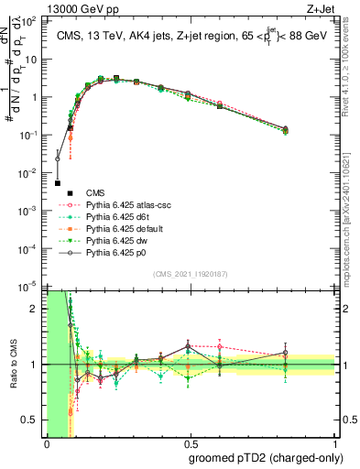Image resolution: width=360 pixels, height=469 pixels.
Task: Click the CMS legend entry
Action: [94, 192]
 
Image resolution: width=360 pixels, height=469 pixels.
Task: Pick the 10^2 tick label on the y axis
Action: [32, 21]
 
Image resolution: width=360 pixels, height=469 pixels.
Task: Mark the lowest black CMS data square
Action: [58, 183]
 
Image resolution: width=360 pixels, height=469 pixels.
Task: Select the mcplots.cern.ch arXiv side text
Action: [352, 211]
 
